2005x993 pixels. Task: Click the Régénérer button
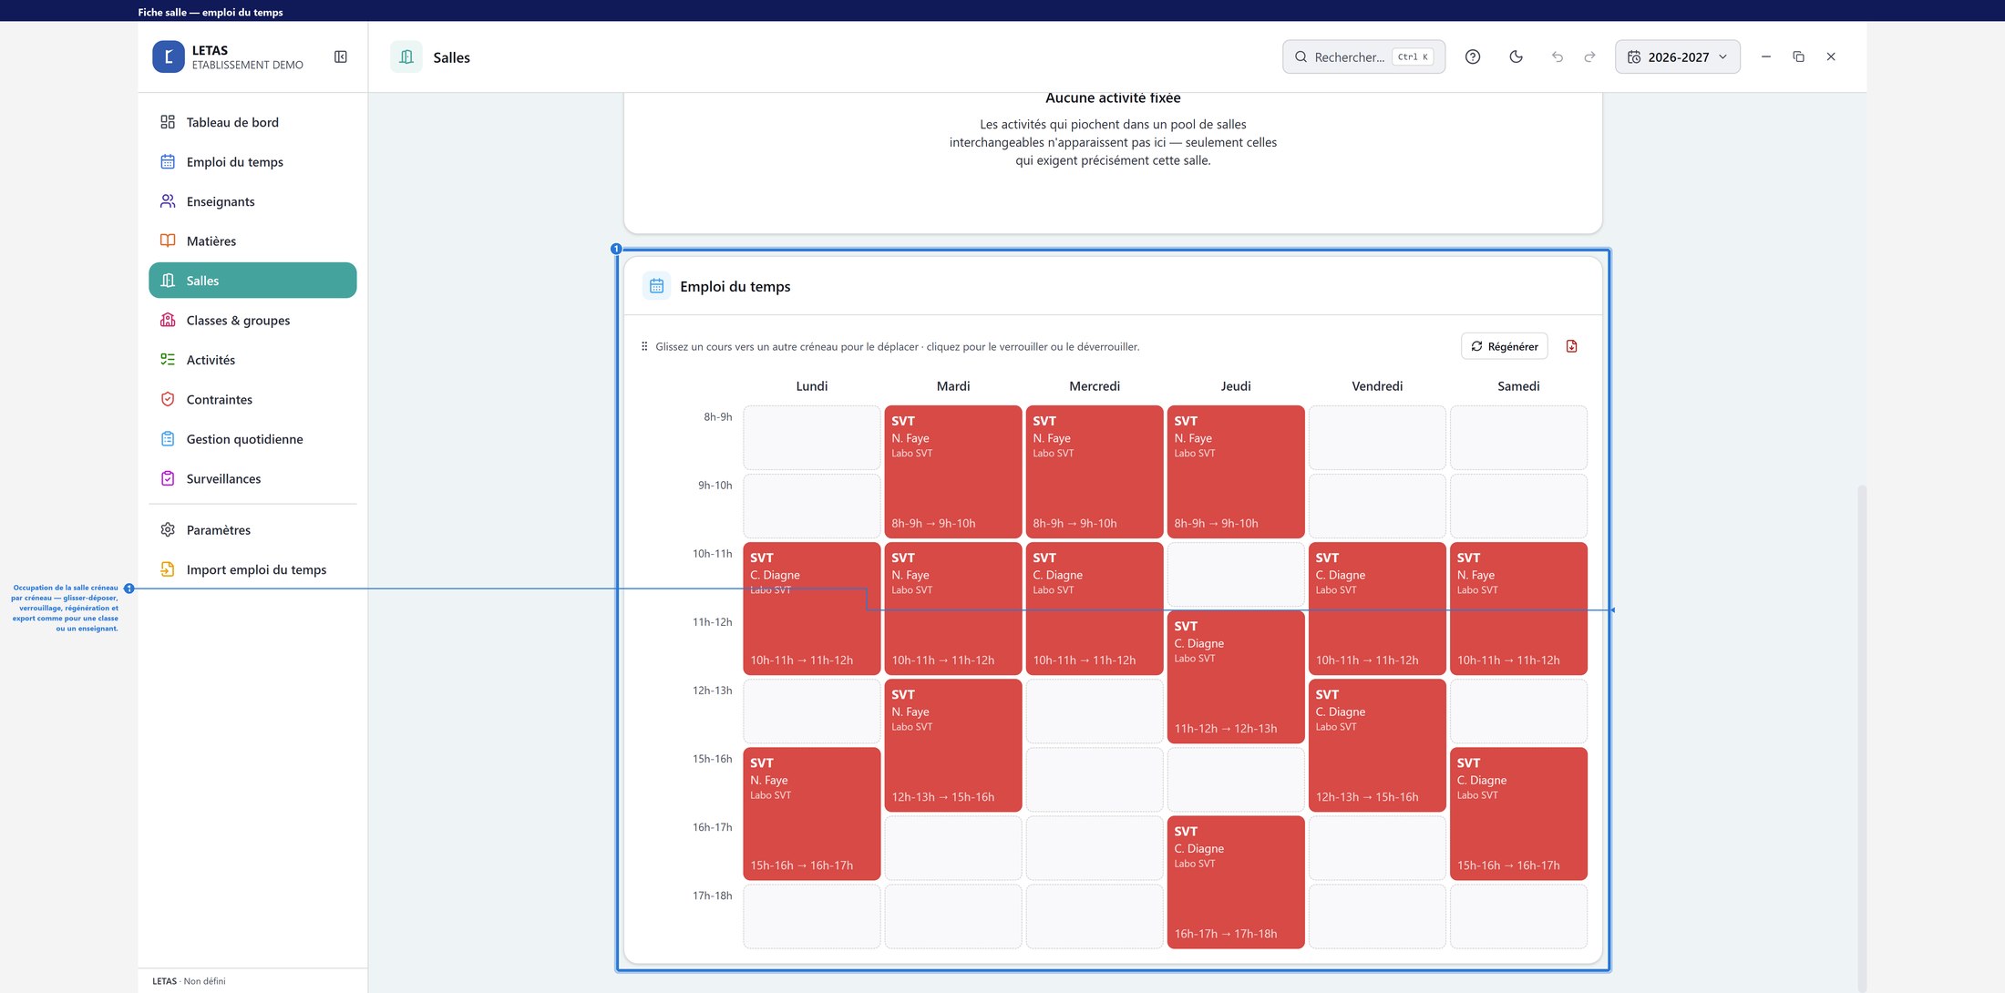click(x=1504, y=346)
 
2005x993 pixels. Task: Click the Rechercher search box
click(x=1363, y=56)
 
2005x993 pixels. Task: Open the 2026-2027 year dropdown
click(x=1677, y=56)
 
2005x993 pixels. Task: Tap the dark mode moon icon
click(x=1516, y=56)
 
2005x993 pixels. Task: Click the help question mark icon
click(x=1473, y=56)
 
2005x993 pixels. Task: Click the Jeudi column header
click(x=1236, y=386)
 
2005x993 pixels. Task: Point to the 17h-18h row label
click(x=712, y=896)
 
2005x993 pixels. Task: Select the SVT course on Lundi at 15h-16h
click(x=812, y=814)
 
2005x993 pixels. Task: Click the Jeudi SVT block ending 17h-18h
click(x=1236, y=882)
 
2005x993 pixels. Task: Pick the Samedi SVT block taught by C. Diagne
click(x=1518, y=814)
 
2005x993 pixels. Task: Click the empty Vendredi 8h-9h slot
click(x=1377, y=438)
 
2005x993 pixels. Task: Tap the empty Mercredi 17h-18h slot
click(x=1095, y=916)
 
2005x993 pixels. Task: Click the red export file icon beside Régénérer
click(x=1571, y=346)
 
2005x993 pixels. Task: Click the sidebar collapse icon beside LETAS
click(x=341, y=56)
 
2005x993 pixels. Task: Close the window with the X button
click(x=1831, y=56)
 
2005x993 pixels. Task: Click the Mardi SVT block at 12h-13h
click(x=953, y=745)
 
